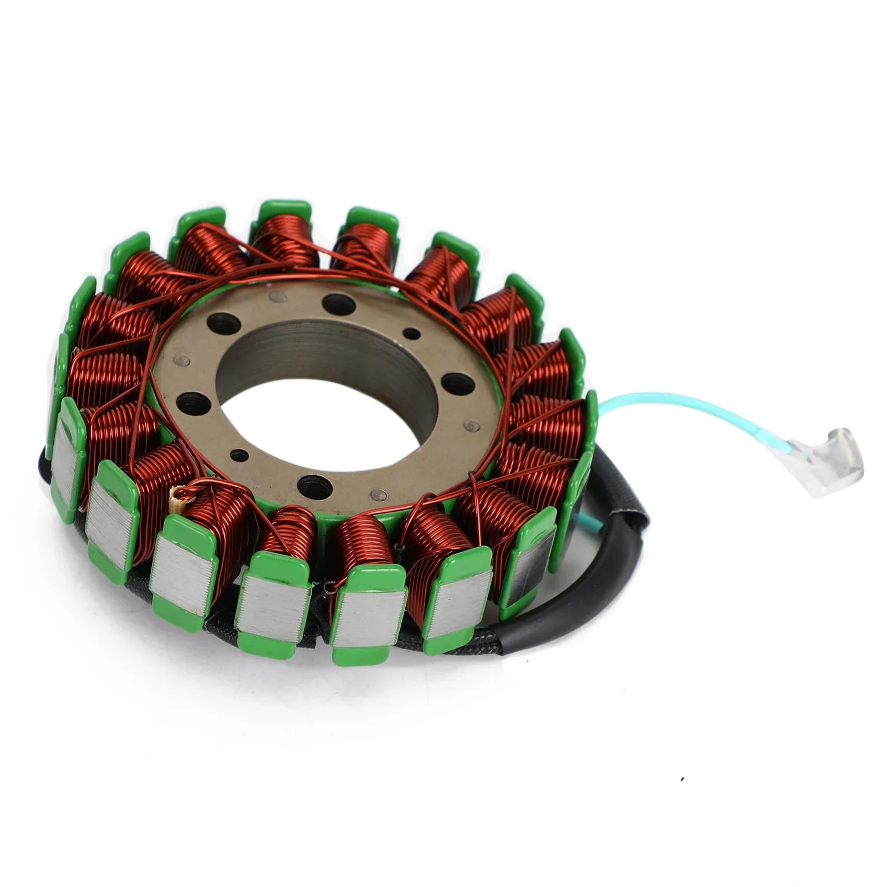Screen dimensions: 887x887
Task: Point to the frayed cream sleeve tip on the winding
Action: coord(179,493)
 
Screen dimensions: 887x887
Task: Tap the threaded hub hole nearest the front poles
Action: coord(314,485)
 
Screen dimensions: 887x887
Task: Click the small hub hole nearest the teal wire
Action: coord(411,333)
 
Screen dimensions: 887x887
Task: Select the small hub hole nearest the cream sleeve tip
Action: coord(238,456)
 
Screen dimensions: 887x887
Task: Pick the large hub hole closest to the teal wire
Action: coord(458,383)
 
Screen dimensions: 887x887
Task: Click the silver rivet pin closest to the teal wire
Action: coord(472,426)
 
